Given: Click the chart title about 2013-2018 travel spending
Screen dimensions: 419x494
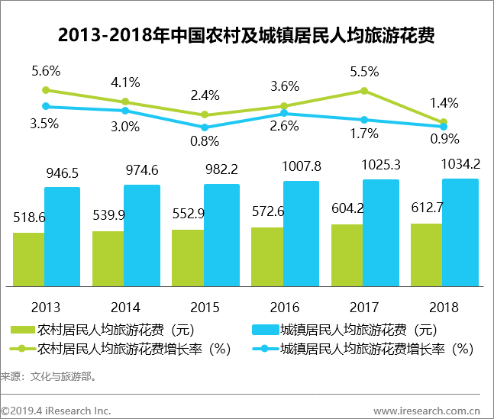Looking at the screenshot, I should coord(247,36).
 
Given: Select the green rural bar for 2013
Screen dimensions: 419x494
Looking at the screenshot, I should coord(28,259).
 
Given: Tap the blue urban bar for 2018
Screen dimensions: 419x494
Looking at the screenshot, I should coord(460,232).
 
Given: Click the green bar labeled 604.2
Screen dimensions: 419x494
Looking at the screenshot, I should coord(347,255).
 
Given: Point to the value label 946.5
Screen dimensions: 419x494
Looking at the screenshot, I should coord(62,175).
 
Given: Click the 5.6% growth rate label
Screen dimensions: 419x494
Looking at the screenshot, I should coord(46,71).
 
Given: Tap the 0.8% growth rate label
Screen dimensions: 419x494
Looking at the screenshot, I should coord(205,140).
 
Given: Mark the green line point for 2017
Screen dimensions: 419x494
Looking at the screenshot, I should coord(364,91).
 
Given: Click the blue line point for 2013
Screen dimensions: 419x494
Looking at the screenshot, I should coord(46,106).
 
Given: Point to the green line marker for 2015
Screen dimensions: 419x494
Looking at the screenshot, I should coord(205,114).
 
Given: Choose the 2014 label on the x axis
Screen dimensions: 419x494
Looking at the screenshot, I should coord(125,308).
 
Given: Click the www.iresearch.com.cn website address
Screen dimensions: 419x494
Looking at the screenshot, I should coord(426,411).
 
